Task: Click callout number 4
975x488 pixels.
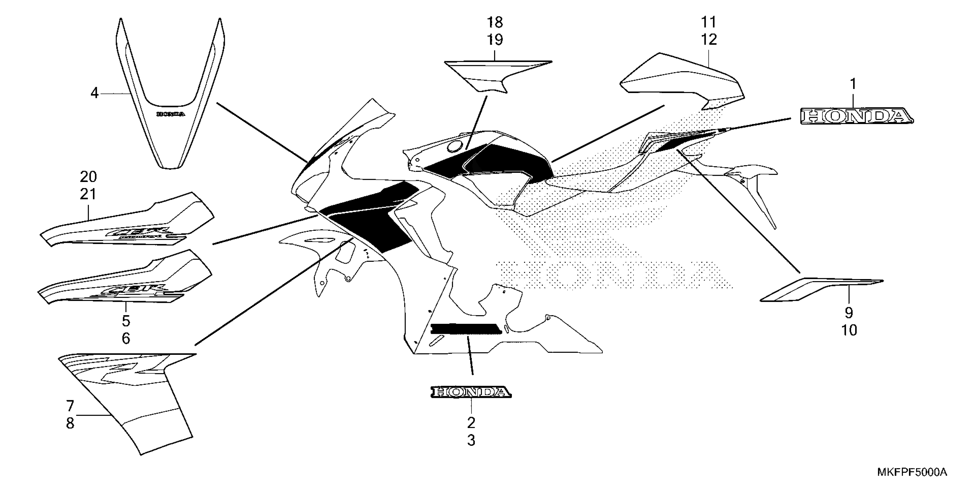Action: click(x=94, y=93)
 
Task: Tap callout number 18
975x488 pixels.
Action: click(x=495, y=23)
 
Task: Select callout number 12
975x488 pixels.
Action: click(x=709, y=39)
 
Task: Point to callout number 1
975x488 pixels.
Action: click(x=853, y=84)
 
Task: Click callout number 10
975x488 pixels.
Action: click(x=849, y=330)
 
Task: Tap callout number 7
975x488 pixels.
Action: click(x=70, y=406)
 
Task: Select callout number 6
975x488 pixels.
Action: click(x=126, y=338)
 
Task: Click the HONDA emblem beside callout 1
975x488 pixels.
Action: click(x=856, y=116)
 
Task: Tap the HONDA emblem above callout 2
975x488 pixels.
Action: click(x=471, y=392)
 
